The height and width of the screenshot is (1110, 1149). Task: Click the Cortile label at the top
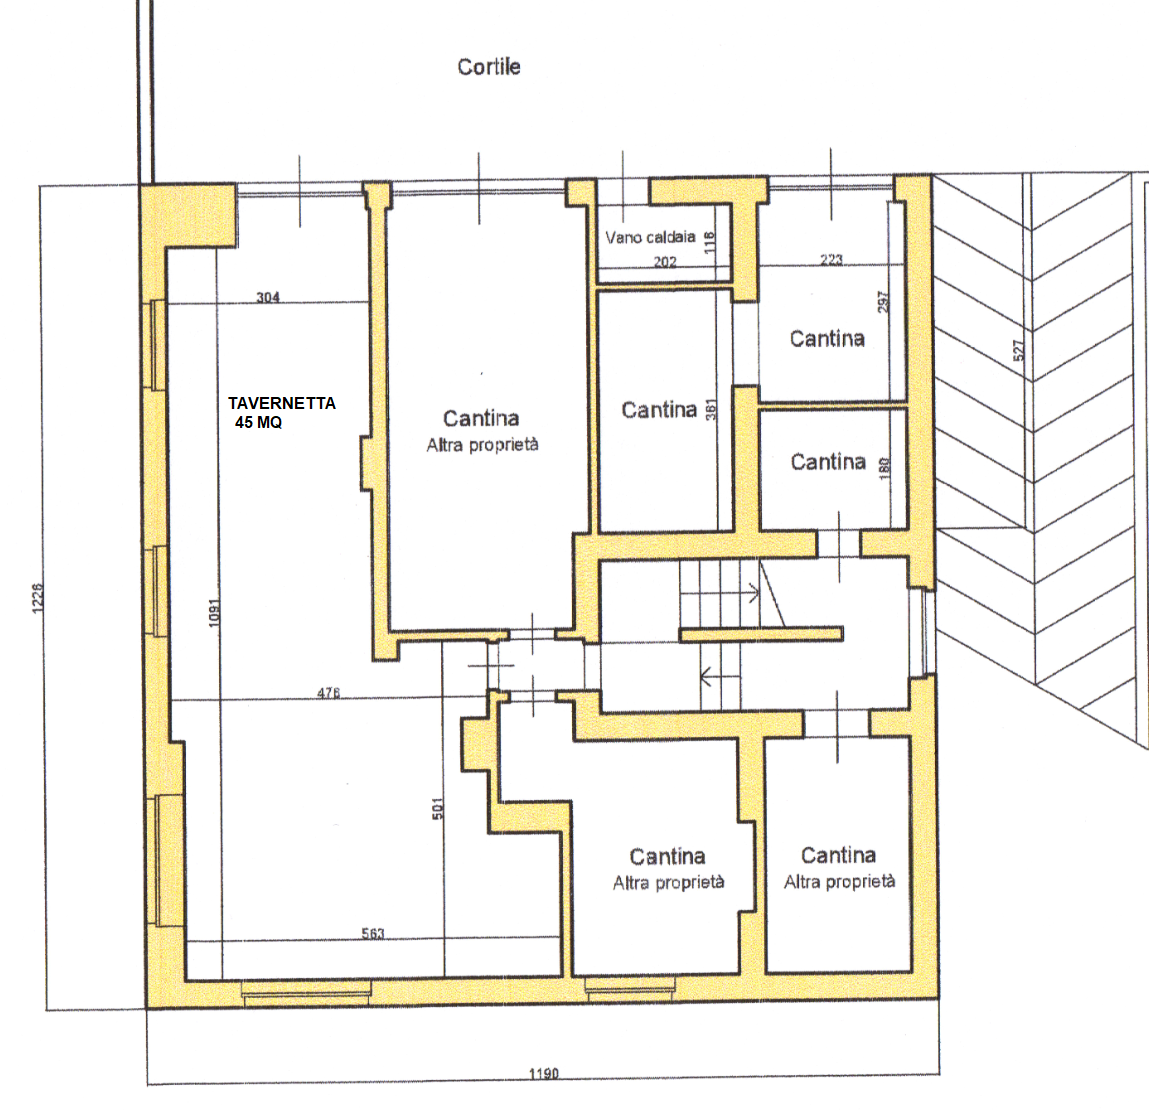489,67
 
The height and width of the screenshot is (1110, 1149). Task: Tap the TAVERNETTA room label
281,403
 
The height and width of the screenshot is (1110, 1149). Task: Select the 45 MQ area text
259,422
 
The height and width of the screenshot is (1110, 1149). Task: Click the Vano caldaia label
650,237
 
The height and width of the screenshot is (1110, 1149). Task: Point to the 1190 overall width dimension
544,1073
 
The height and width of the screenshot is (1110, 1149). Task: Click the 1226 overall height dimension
38,598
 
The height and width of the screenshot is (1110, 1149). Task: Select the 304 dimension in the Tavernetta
267,297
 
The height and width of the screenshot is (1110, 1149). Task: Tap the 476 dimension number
328,692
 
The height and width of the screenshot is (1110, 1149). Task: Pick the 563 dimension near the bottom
373,933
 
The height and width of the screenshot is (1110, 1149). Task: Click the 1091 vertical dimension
214,613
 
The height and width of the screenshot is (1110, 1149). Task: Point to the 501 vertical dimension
437,809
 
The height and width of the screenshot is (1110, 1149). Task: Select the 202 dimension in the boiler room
665,262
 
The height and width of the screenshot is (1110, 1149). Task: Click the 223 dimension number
831,259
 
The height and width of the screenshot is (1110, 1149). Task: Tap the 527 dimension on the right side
1019,350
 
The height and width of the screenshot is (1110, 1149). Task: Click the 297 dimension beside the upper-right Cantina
883,301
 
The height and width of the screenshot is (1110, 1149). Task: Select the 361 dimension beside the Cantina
711,410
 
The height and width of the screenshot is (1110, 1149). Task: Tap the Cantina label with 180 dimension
828,462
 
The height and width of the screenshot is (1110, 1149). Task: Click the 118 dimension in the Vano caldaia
709,242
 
